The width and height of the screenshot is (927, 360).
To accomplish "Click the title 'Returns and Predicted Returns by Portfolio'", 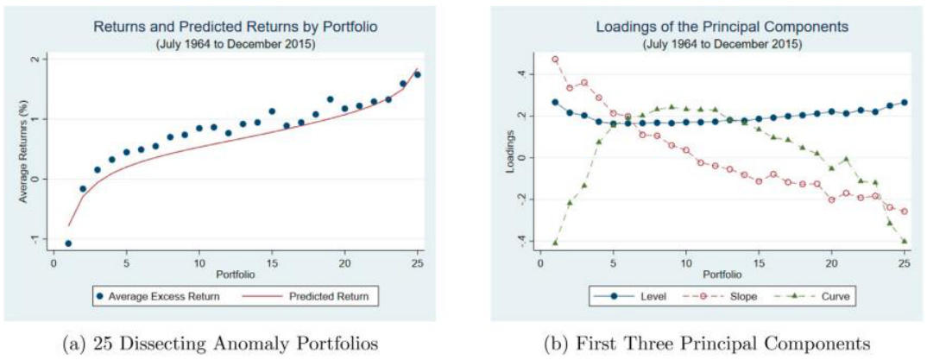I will click(236, 26).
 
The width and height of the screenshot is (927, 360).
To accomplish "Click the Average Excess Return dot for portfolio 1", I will click(68, 243).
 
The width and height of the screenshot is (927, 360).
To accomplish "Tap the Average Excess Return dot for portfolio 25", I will click(418, 74).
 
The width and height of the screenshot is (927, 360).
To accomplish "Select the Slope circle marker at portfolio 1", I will click(555, 60).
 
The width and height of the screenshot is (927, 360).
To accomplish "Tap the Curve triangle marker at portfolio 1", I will click(555, 243).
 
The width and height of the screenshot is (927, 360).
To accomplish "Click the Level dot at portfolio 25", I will click(905, 102).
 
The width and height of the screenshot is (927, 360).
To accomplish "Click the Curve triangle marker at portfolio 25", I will click(905, 242).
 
